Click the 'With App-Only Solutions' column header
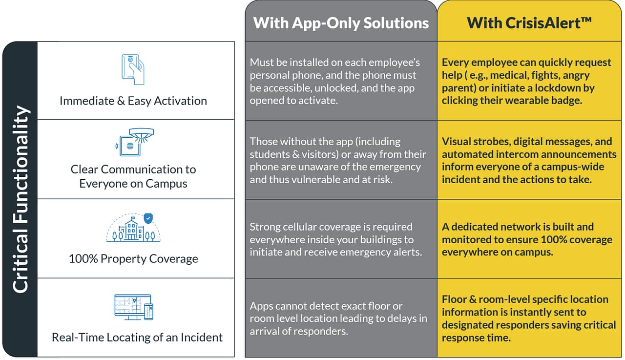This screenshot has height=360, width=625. (x=341, y=22)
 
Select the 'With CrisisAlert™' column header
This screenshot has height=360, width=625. (x=529, y=22)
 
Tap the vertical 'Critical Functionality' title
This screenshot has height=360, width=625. (x=20, y=199)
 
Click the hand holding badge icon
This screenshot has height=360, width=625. (x=133, y=69)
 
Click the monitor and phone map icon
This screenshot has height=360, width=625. (x=133, y=307)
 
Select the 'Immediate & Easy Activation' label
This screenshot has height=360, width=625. (x=133, y=101)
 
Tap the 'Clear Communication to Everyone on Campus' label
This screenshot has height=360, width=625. (x=133, y=176)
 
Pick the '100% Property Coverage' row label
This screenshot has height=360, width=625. (x=133, y=258)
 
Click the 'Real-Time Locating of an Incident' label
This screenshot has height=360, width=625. (x=137, y=338)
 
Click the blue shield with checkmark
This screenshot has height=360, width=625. (x=148, y=218)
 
